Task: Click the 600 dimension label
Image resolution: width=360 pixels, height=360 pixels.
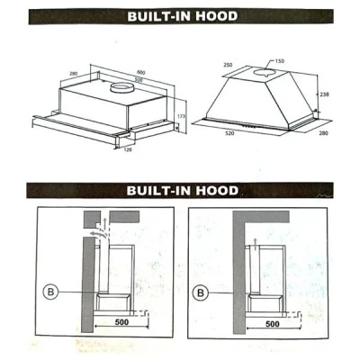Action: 141,72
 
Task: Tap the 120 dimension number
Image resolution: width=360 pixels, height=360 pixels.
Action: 128,149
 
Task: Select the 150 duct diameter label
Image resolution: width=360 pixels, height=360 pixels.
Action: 279,61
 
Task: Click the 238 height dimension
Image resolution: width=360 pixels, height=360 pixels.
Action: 324,94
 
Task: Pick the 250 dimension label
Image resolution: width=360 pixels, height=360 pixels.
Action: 228,65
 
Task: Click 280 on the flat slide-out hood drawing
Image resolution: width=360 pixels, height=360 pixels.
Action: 73,74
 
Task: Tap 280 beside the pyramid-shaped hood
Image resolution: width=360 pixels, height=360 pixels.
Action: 324,133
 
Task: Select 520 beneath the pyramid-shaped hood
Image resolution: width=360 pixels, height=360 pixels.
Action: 229,133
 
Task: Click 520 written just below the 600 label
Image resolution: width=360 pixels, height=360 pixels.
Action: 139,80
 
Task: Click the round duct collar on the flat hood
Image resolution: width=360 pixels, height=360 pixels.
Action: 121,88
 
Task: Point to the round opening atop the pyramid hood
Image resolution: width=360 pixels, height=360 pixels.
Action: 265,72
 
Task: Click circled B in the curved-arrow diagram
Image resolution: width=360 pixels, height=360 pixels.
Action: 50,292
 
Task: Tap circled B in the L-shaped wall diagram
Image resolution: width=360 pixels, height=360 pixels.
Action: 201,292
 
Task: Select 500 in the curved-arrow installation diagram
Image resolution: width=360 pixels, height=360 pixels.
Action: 121,322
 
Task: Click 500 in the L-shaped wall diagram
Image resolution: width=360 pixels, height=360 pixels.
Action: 273,324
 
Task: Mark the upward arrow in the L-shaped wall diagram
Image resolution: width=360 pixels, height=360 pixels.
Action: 255,244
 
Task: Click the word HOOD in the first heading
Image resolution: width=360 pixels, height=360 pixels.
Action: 217,16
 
